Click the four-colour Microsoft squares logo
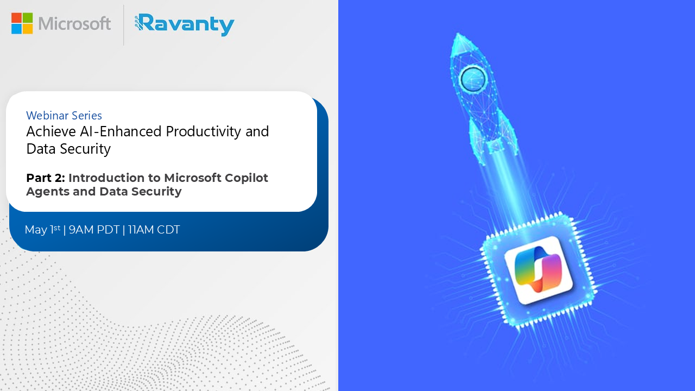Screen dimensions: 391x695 coord(22,23)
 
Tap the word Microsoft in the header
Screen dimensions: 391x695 coord(75,23)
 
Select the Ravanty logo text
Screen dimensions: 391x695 coord(185,24)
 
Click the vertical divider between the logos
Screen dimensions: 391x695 coord(124,25)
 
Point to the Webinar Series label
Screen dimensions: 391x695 coord(64,115)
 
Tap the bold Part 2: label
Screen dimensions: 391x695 coord(46,178)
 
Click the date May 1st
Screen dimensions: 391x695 coord(42,230)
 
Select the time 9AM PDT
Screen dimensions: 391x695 coord(94,230)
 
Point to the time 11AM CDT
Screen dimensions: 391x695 coord(154,230)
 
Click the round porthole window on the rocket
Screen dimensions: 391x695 coord(473,79)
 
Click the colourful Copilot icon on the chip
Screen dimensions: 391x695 coord(539,269)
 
